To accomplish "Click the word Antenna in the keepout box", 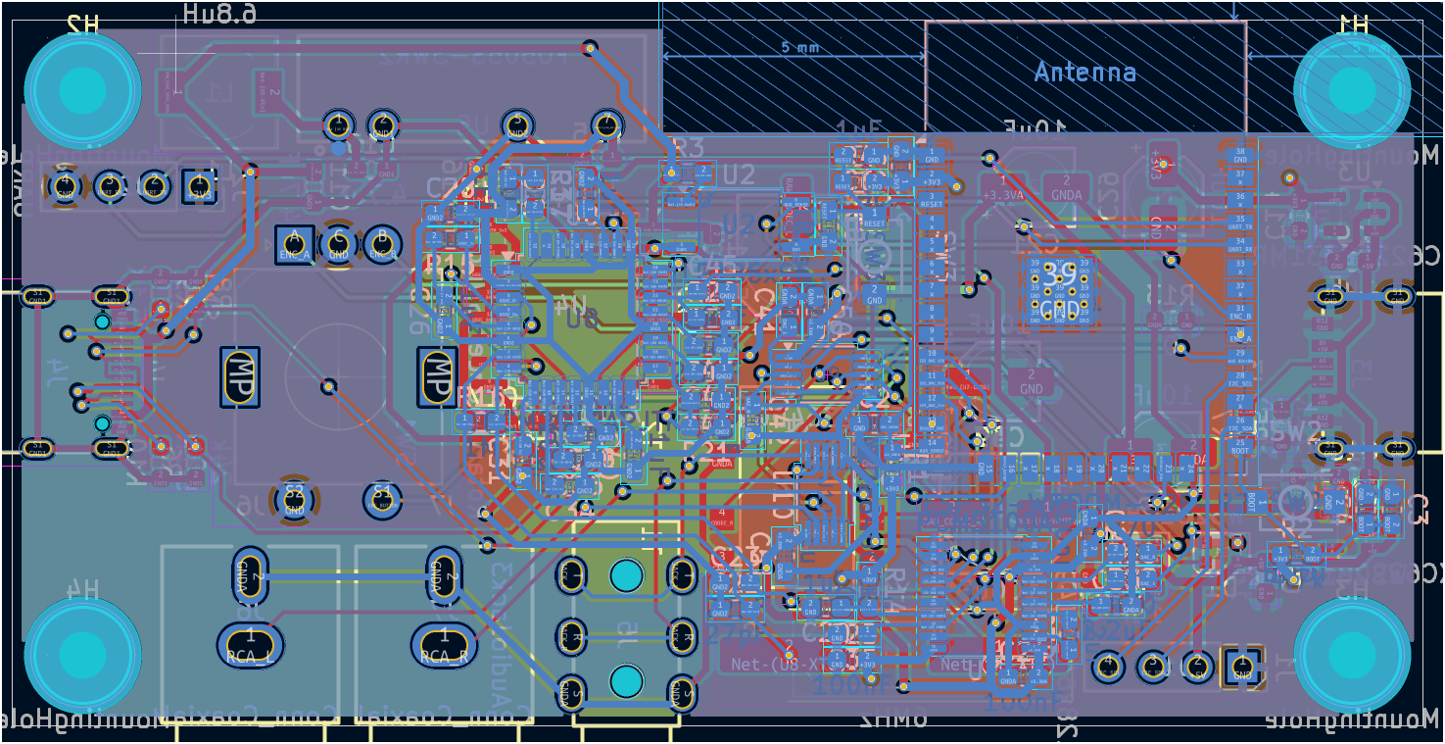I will [x=1084, y=73].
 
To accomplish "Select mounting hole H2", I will [x=82, y=90].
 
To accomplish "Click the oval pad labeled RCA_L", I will [x=250, y=644].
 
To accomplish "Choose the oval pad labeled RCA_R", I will [x=445, y=644].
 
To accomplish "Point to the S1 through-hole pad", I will [x=382, y=500].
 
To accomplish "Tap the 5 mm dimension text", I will [x=800, y=47].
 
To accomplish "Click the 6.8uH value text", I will [x=220, y=14].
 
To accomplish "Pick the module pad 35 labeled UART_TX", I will [x=1239, y=222].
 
